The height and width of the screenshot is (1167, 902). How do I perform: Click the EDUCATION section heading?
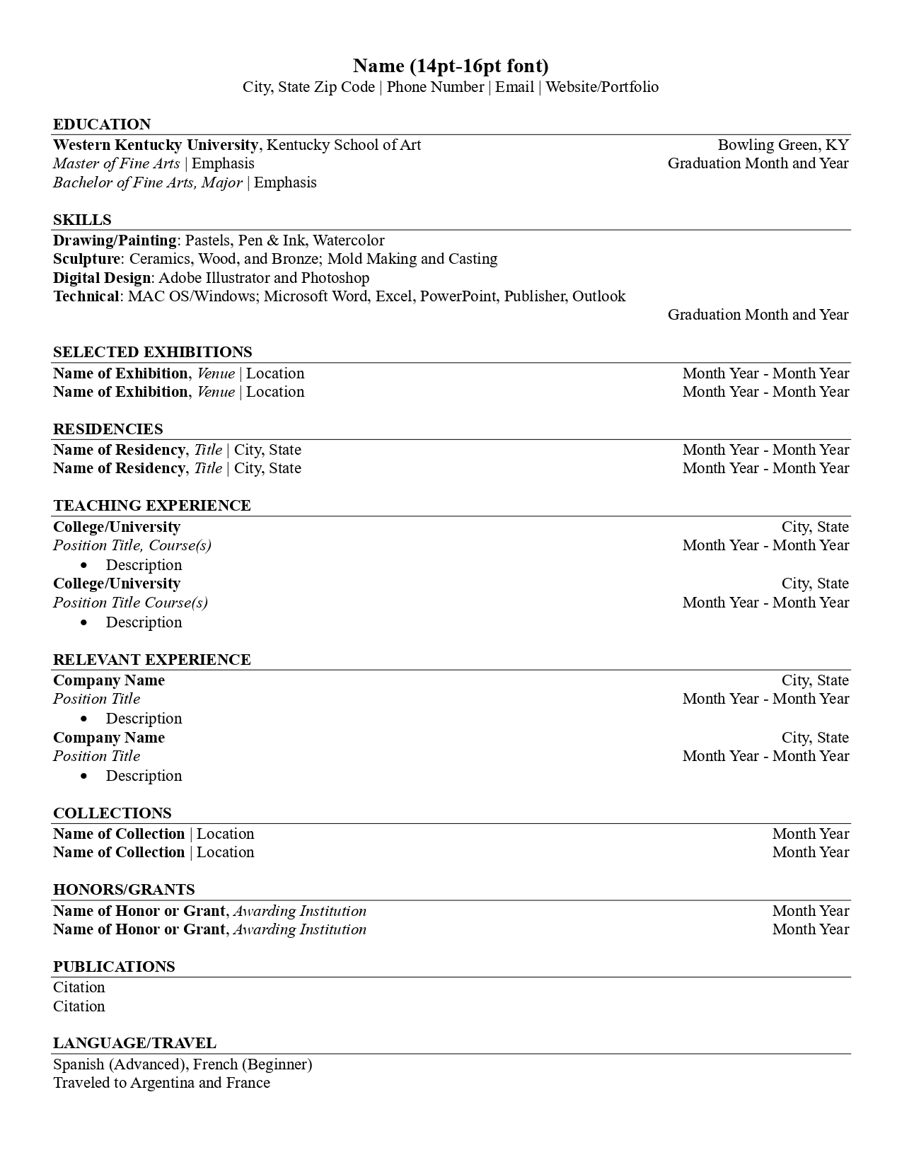tap(102, 124)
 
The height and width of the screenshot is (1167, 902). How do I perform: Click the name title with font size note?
tap(451, 66)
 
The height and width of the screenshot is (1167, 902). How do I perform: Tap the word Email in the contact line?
tap(514, 87)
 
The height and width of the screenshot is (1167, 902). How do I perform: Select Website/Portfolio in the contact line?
tap(602, 87)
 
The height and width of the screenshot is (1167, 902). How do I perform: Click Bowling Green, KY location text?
tap(782, 145)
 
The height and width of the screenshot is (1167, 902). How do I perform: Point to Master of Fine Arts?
tap(116, 163)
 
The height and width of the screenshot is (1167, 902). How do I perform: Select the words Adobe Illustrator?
tap(214, 278)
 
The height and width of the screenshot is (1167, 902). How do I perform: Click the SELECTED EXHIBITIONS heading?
tap(152, 352)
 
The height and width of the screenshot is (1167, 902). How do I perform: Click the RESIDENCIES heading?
tap(108, 429)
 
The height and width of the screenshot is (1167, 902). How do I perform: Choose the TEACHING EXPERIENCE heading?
tap(151, 506)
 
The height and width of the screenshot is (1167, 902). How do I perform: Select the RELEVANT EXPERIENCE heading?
tap(151, 660)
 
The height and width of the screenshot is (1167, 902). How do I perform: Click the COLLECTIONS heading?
tap(112, 813)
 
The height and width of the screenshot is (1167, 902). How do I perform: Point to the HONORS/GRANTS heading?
tap(124, 890)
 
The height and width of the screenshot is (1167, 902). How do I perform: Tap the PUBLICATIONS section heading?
tap(114, 967)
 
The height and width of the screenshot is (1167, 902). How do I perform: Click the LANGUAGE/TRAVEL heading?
tap(134, 1043)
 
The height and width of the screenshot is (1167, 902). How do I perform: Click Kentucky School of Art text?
tap(343, 145)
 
